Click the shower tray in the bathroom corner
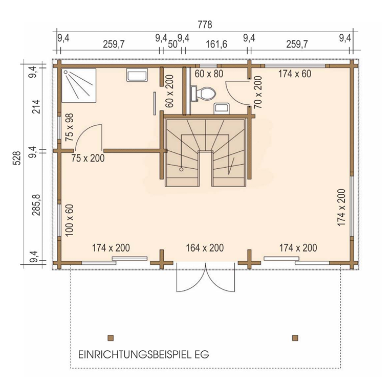79,85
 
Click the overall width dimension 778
204,25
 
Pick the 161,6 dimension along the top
215,44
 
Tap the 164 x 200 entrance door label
205,248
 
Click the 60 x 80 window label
209,74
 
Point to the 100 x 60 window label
70,219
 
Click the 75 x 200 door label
88,158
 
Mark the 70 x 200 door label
258,92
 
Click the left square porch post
111,337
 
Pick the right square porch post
295,337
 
